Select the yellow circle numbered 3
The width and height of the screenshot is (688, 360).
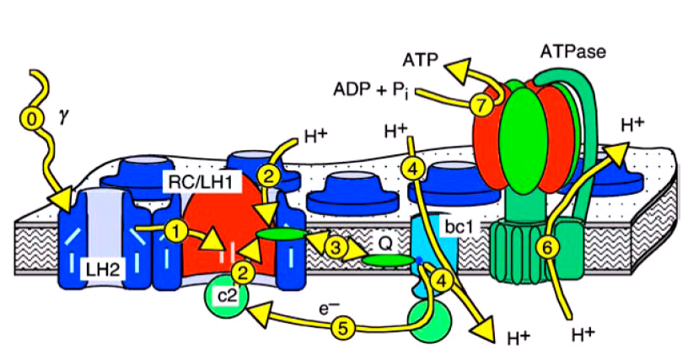(x=336, y=247)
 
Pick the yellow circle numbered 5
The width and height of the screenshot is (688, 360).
(x=341, y=329)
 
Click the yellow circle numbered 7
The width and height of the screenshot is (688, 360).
(x=480, y=105)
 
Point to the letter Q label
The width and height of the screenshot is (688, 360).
(x=384, y=242)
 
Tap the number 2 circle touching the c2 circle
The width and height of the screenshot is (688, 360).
(x=241, y=272)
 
